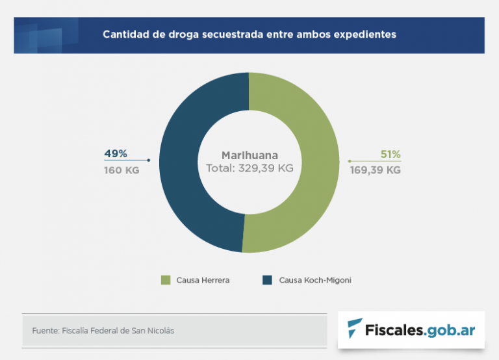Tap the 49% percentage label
click(x=116, y=154)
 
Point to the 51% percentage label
click(x=390, y=155)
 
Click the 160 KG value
click(x=122, y=171)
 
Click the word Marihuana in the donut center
click(x=249, y=155)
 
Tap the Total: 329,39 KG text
click(x=249, y=168)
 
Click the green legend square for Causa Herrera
click(x=166, y=280)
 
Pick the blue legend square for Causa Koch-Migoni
click(x=267, y=280)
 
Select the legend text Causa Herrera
click(x=203, y=281)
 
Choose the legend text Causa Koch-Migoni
click(x=315, y=281)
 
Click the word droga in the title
click(x=174, y=34)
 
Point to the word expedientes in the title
click(x=365, y=34)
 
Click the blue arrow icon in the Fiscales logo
click(x=355, y=329)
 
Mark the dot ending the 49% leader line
click(x=149, y=160)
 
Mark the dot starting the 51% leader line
click(x=350, y=161)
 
